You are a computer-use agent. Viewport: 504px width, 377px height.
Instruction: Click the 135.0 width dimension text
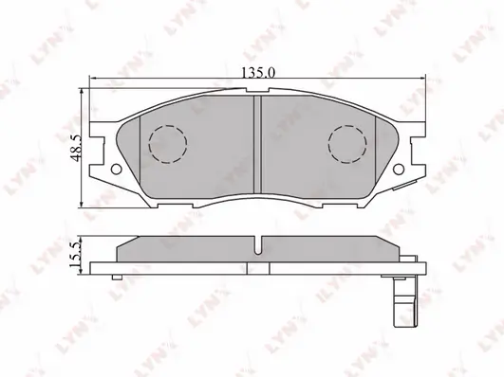point(258,74)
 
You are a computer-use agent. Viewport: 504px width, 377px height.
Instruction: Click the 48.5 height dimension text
point(77,148)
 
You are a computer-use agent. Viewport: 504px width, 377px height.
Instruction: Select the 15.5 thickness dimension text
point(76,255)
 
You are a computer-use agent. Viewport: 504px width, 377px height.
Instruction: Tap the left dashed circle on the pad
point(167,144)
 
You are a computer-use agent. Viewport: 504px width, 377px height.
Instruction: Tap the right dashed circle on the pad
point(347,144)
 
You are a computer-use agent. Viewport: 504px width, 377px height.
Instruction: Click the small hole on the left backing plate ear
point(116,169)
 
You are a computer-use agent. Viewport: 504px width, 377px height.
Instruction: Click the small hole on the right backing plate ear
point(399,169)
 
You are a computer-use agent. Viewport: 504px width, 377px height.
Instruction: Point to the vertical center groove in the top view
point(257,144)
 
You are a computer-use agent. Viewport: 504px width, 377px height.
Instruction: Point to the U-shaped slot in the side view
point(257,245)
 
